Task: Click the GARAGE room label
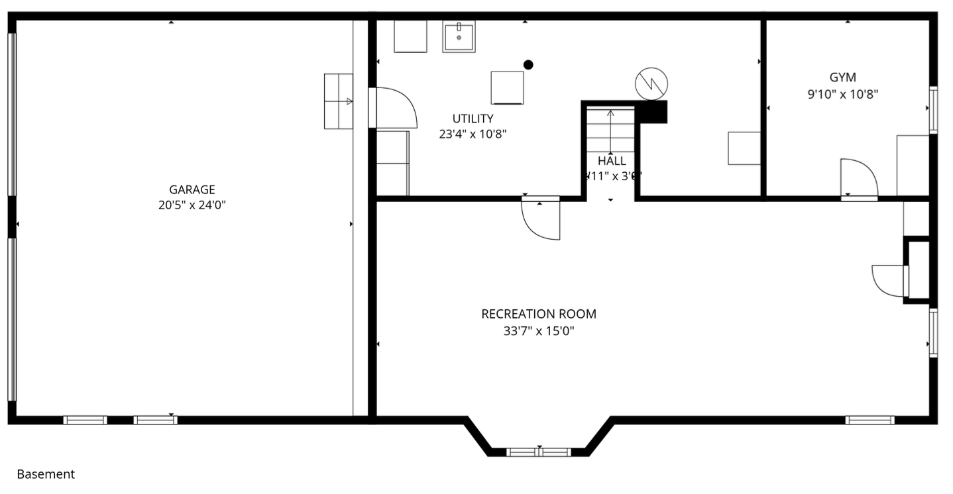(x=192, y=190)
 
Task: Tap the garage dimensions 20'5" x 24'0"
(x=192, y=205)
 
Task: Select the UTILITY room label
(x=473, y=119)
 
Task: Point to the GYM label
(x=842, y=77)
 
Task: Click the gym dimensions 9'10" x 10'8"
(x=842, y=94)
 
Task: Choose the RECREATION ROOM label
(x=538, y=314)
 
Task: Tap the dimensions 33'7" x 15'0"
(x=538, y=331)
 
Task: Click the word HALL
(x=611, y=161)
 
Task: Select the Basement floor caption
(x=46, y=474)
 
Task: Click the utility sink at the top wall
(x=459, y=36)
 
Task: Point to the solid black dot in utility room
(x=528, y=64)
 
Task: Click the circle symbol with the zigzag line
(x=651, y=83)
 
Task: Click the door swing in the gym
(x=858, y=178)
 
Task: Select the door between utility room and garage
(x=396, y=108)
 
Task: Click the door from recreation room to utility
(x=541, y=219)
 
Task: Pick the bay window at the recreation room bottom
(x=538, y=452)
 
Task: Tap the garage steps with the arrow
(x=338, y=101)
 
